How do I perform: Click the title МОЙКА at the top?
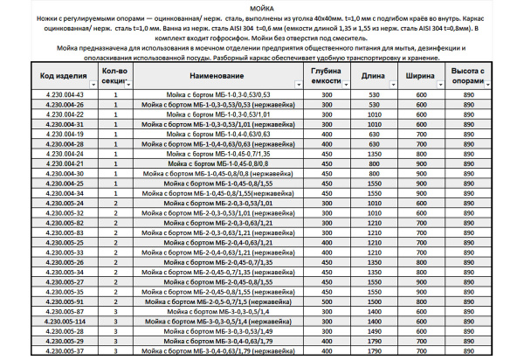(262, 6)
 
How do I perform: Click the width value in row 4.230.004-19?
(423, 134)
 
